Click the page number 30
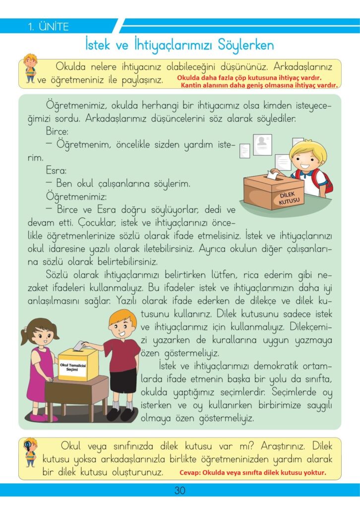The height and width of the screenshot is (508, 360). click(180, 490)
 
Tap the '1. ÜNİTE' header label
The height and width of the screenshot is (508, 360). click(48, 26)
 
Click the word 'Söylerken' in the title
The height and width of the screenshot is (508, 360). click(246, 45)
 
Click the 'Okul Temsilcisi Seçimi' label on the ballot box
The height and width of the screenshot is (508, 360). click(73, 367)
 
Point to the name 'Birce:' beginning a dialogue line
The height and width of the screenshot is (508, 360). click(57, 131)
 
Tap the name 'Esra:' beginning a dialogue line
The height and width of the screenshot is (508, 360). click(56, 171)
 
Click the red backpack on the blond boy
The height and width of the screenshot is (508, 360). click(325, 182)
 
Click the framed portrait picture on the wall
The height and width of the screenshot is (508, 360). click(262, 145)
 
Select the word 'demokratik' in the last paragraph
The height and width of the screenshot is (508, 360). click(276, 366)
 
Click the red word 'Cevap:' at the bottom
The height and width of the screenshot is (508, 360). click(190, 472)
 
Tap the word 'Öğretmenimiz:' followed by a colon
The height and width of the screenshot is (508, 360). click(76, 196)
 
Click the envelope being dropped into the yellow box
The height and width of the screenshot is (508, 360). click(78, 346)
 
